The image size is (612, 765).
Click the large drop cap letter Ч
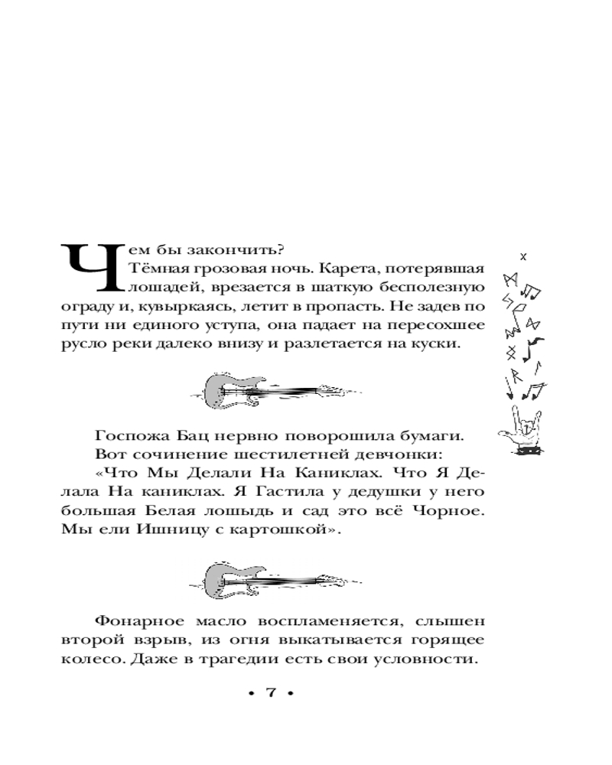tap(90, 267)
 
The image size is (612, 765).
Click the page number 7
tap(269, 692)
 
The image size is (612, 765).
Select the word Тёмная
tap(158, 269)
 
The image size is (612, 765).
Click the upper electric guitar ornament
tap(269, 392)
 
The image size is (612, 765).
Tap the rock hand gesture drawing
tap(524, 428)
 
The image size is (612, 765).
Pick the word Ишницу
tap(188, 531)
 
